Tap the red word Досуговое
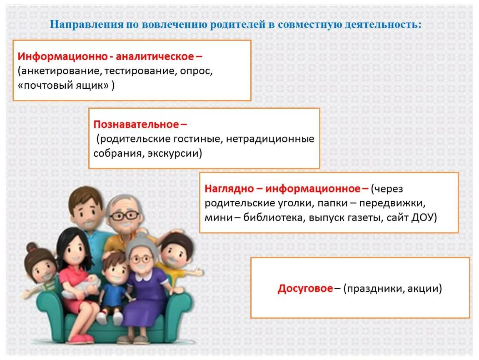(305, 288)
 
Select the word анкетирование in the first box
(59, 70)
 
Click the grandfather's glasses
(125, 215)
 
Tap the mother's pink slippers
(80, 338)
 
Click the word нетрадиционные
(270, 138)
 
